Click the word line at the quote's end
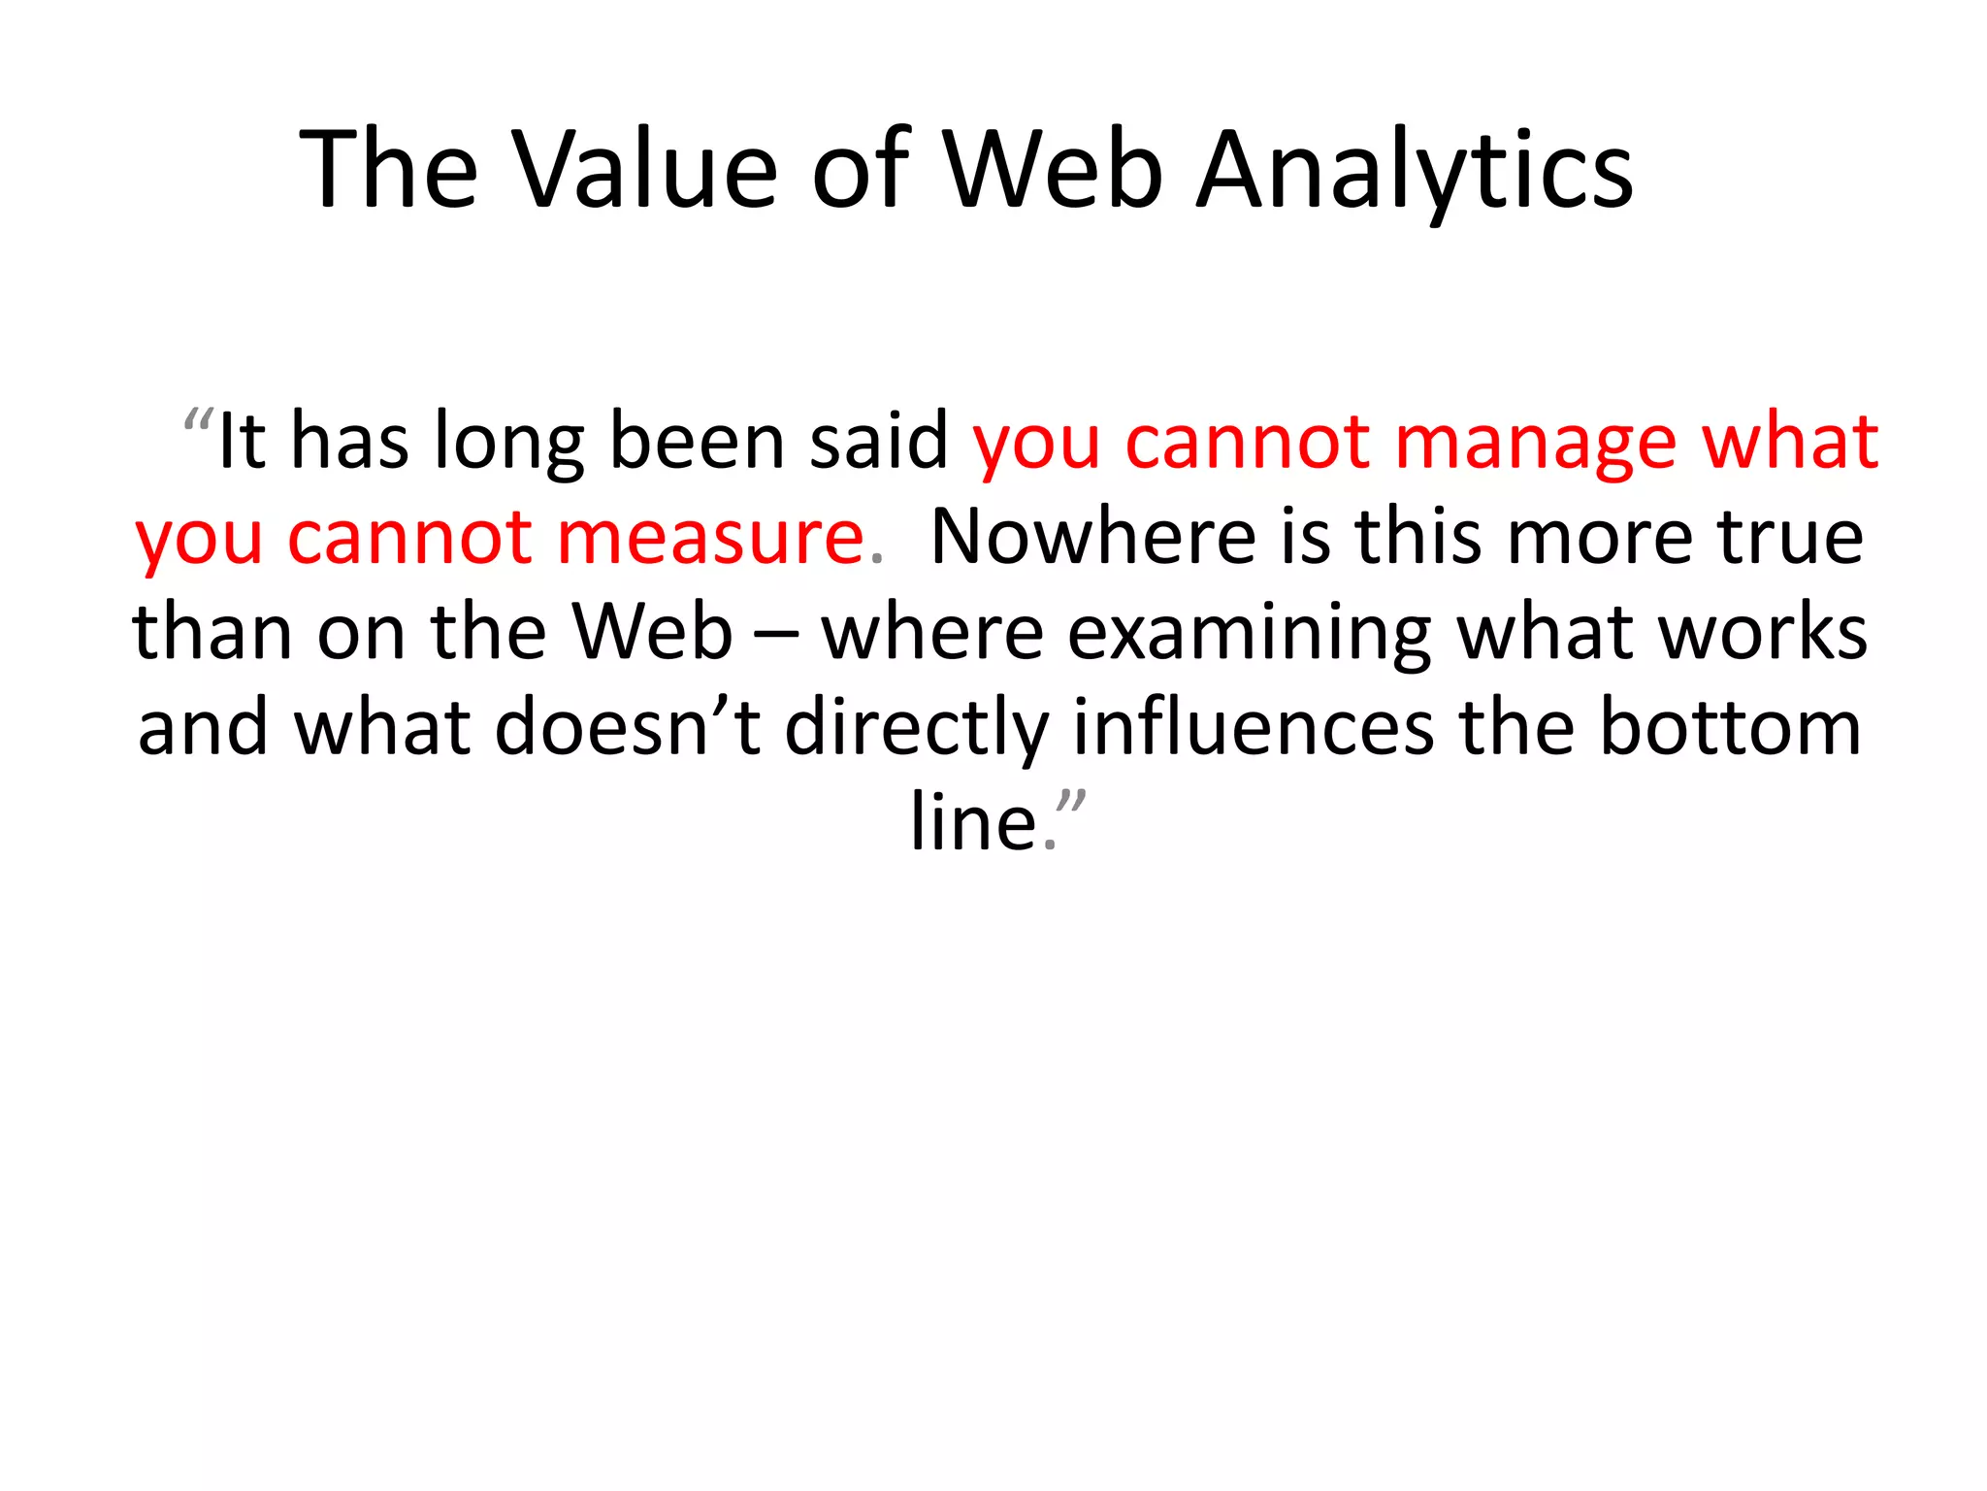coord(973,823)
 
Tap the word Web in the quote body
coord(651,633)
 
